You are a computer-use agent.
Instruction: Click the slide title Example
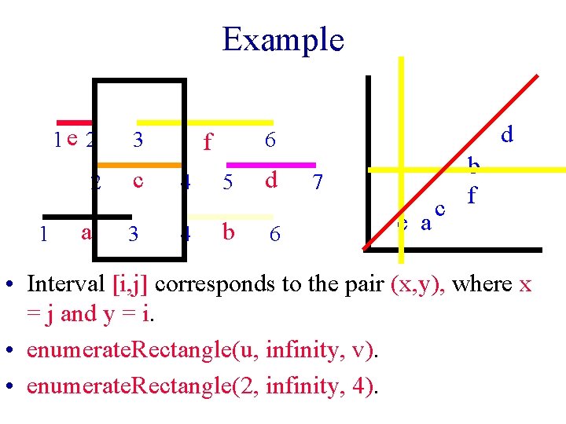point(283,39)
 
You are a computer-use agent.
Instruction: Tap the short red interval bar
point(74,122)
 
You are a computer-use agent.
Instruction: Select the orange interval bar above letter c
point(140,165)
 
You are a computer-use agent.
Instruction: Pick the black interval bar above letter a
point(86,217)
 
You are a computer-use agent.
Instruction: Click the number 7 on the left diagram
point(318,183)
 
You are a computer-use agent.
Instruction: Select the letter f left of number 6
point(208,142)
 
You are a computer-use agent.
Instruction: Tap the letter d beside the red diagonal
point(507,135)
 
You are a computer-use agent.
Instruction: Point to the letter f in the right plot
point(472,194)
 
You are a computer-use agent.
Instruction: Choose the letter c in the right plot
point(440,209)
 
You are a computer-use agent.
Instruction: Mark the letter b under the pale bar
point(228,233)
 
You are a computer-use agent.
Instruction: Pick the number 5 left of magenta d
point(228,183)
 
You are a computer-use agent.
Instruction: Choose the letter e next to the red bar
point(72,140)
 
